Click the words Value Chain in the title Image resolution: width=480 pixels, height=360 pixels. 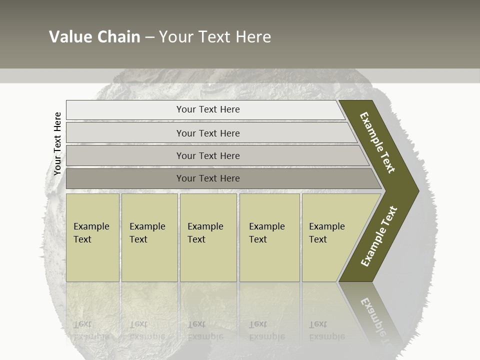tap(94, 37)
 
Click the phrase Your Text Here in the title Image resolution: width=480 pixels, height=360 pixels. tap(215, 37)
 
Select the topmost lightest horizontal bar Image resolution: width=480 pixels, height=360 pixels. tap(125, 110)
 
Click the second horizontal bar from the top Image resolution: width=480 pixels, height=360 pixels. tap(125, 133)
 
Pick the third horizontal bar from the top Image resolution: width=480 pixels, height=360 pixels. tap(125, 156)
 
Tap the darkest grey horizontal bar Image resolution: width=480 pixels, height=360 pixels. tap(125, 178)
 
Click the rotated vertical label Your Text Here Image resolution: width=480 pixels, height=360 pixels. tap(57, 143)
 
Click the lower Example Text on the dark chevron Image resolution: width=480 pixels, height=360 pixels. tap(379, 236)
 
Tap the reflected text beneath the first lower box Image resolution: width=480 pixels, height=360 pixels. tap(91, 330)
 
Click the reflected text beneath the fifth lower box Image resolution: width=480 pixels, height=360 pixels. tap(326, 330)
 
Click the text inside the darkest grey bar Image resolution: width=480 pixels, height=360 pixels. tap(208, 178)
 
